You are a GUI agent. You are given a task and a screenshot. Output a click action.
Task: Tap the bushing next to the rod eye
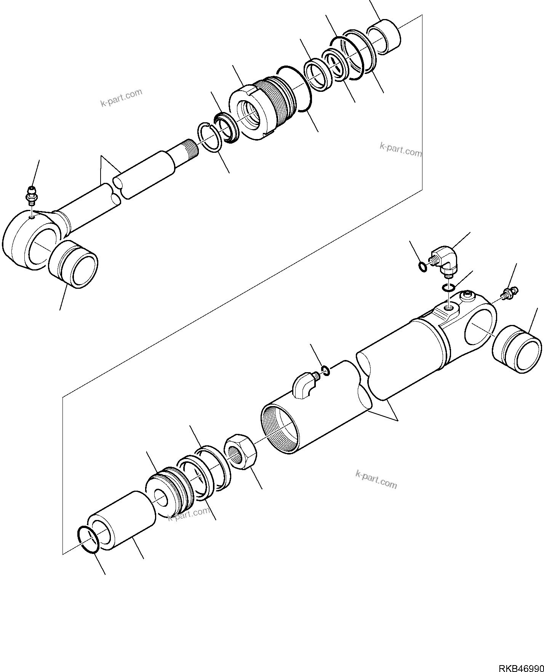[x=73, y=264]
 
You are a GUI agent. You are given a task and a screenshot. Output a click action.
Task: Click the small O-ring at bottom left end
[x=88, y=539]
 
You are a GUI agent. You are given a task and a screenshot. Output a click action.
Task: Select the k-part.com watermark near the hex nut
[x=376, y=479]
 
